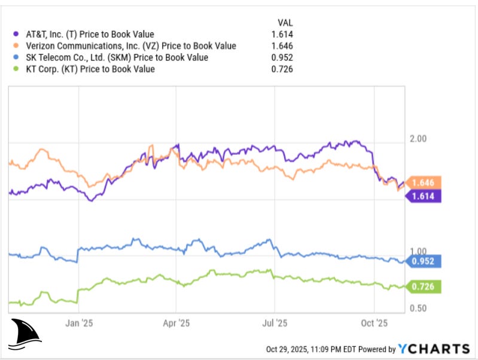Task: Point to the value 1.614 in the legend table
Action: pyautogui.click(x=282, y=34)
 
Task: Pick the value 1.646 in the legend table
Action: pyautogui.click(x=282, y=46)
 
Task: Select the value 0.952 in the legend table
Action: pyautogui.click(x=282, y=57)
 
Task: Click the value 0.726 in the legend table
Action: pyautogui.click(x=282, y=69)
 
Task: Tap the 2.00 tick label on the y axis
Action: pyautogui.click(x=418, y=139)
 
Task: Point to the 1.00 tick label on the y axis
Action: pyautogui.click(x=418, y=251)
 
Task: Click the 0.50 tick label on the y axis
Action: pyautogui.click(x=418, y=308)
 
